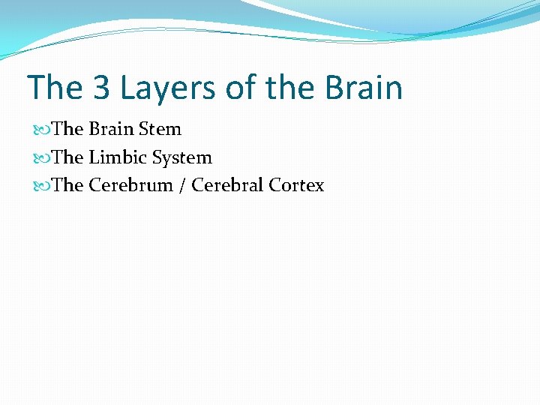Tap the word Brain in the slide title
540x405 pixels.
[x=364, y=88]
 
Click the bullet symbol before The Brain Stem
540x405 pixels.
[x=42, y=130]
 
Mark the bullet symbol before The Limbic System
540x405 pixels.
[x=42, y=158]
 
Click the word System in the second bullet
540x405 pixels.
[x=181, y=157]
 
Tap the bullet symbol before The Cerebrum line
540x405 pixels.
[x=42, y=186]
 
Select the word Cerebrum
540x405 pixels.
[x=130, y=185]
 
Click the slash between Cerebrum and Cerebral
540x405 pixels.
[x=182, y=186]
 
